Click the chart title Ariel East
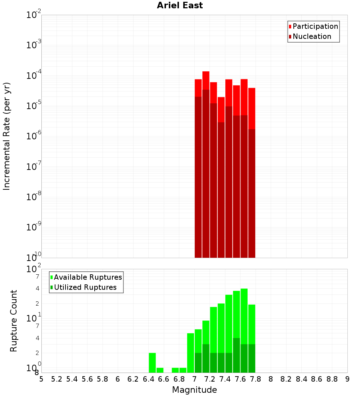point(180,5)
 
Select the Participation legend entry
point(315,26)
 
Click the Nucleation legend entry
point(312,36)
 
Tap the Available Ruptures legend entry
point(88,277)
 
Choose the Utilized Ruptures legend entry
point(85,287)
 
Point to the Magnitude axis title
point(194,390)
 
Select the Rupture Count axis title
point(14,321)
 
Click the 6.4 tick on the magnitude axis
point(148,379)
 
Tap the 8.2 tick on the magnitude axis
point(286,379)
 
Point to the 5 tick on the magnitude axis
point(41,379)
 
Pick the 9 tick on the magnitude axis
point(347,379)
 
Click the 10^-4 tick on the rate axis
point(34,76)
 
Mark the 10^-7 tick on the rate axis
point(34,167)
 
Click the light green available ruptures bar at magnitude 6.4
point(152,363)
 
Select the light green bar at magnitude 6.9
point(190,353)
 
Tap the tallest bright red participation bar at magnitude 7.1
point(206,80)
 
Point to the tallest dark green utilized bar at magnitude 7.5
point(237,355)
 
